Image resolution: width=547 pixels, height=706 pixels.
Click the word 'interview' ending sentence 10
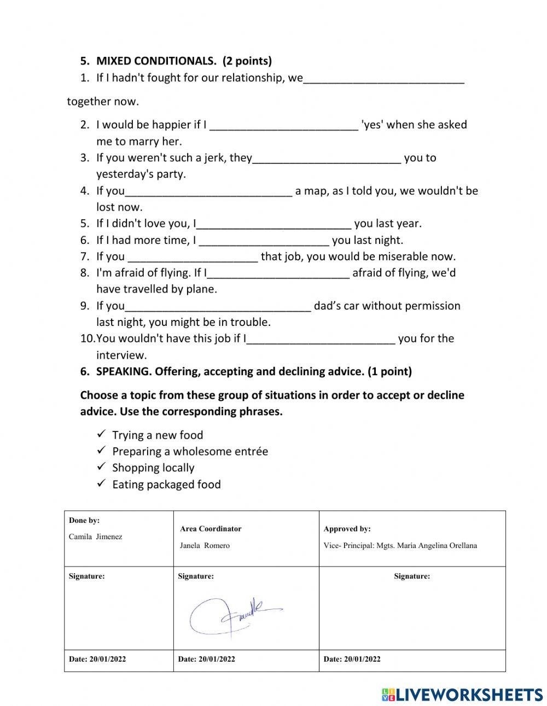121,355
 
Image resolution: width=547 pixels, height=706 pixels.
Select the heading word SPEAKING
124,372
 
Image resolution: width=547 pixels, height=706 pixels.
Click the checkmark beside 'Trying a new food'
101,434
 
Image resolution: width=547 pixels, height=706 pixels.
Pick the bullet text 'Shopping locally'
153,468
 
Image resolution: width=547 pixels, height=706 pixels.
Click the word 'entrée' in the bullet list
251,451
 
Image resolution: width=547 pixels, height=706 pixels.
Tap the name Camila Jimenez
95,536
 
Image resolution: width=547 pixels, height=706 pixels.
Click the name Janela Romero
205,545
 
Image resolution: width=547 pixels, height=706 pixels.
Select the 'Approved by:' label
347,529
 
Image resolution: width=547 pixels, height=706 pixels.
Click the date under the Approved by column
352,659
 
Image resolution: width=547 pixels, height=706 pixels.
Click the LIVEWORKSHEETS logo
462,695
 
